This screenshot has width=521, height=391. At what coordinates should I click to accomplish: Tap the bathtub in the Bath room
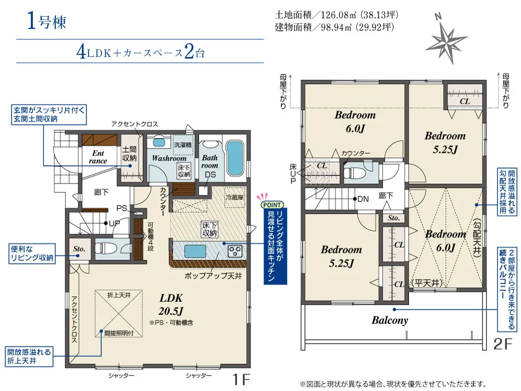[x=235, y=158]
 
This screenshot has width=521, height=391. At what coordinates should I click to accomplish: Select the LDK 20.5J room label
[x=171, y=304]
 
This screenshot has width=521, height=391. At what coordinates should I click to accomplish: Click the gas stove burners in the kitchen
[x=235, y=251]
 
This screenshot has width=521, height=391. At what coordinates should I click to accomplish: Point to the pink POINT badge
[x=272, y=205]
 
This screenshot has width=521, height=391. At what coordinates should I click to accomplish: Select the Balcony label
[x=390, y=320]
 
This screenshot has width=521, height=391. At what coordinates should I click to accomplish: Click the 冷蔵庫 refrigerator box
[x=234, y=197]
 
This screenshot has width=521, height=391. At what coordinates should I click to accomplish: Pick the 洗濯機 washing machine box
[x=183, y=144]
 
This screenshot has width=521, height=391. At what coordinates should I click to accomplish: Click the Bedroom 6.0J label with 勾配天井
[x=445, y=241]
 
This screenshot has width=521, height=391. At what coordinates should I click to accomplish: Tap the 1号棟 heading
[x=47, y=21]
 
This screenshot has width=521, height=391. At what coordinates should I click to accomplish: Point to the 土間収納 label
[x=129, y=154]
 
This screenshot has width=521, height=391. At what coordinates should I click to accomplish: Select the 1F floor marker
[x=241, y=380]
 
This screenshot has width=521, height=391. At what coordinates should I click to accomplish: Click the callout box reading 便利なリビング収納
[x=32, y=254]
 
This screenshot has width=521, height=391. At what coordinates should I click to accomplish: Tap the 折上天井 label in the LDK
[x=119, y=295]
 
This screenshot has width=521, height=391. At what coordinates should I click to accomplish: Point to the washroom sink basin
[x=159, y=142]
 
